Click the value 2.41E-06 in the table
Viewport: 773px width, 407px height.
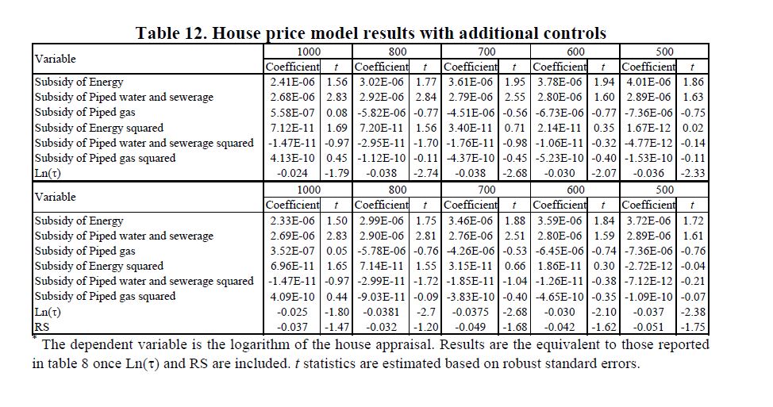click(x=292, y=82)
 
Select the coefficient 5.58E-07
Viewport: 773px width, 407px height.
click(x=292, y=113)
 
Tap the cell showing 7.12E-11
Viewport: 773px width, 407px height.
click(x=292, y=128)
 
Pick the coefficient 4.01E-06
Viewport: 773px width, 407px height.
click(x=648, y=82)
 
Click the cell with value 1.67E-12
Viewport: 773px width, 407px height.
click(x=648, y=128)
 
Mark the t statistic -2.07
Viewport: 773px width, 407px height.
click(x=603, y=174)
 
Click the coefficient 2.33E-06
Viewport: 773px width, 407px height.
click(x=292, y=221)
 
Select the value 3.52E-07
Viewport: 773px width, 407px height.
click(x=292, y=251)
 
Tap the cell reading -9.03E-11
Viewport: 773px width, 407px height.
click(x=381, y=297)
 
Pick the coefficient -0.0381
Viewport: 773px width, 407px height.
click(x=381, y=312)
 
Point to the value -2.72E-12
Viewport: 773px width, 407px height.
click(x=648, y=266)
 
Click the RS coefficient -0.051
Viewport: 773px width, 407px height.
click(x=648, y=327)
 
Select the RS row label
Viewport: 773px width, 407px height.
click(x=42, y=327)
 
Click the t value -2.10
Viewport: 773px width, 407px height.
click(x=603, y=312)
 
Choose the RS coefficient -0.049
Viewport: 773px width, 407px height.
click(x=471, y=327)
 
